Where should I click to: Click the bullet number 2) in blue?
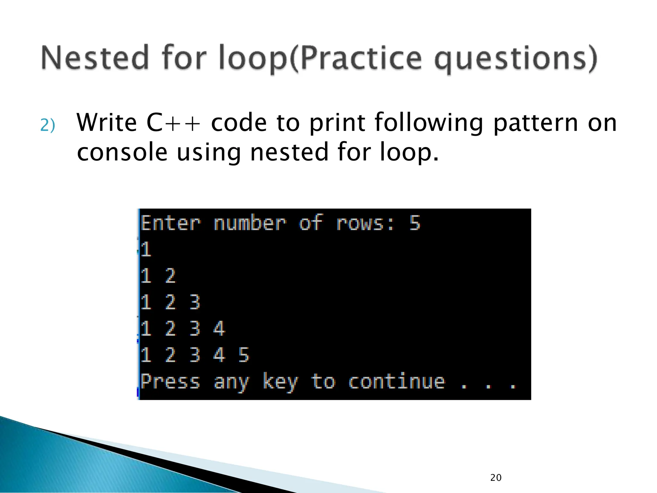48,125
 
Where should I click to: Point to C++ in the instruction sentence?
174,123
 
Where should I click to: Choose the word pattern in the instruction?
535,123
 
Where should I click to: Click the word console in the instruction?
122,152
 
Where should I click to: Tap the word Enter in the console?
171,223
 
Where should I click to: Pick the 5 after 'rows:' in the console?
415,223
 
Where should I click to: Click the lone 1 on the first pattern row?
146,249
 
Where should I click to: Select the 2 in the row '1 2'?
170,276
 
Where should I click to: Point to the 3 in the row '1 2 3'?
195,302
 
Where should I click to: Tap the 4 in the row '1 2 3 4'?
219,328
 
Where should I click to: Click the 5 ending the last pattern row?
243,355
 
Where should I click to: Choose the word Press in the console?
170,382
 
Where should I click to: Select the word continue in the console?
397,381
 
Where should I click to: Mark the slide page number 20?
496,478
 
